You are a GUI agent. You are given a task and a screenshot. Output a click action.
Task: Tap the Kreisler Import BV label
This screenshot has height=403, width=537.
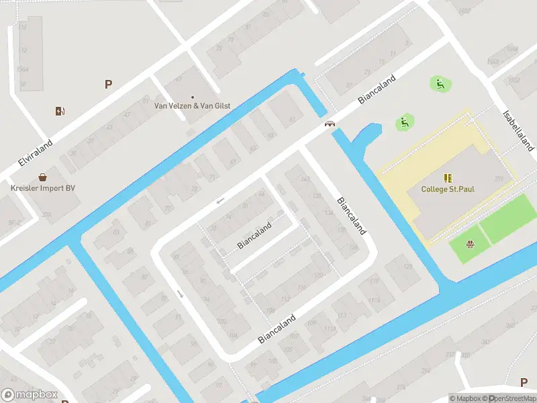click(43, 188)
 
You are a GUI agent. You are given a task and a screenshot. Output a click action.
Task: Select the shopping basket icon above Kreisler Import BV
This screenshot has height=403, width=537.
click(43, 177)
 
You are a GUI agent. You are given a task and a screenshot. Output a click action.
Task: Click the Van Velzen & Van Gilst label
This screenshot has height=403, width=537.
click(193, 105)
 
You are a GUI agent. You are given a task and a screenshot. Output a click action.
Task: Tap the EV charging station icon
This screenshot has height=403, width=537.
click(60, 111)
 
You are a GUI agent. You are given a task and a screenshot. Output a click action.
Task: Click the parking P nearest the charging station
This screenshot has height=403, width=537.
click(108, 84)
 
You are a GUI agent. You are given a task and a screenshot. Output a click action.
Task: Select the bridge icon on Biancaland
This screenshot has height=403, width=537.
click(330, 124)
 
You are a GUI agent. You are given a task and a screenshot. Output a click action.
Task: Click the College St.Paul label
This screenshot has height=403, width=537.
click(447, 189)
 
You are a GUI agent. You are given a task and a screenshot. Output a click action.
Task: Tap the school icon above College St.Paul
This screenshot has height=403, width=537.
click(448, 178)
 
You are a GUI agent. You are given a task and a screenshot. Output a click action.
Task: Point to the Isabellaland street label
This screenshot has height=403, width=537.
click(518, 130)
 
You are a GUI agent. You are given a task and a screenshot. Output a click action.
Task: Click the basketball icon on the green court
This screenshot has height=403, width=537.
click(471, 244)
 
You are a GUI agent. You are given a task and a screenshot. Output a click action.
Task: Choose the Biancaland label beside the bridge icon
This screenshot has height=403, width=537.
click(377, 89)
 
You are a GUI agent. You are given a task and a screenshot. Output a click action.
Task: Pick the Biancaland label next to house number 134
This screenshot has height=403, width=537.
click(351, 215)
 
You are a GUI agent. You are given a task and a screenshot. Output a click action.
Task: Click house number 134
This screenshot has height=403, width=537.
click(328, 212)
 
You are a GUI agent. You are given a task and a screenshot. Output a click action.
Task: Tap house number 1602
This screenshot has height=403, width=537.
click(464, 11)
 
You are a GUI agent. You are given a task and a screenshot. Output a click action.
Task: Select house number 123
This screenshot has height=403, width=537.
click(408, 267)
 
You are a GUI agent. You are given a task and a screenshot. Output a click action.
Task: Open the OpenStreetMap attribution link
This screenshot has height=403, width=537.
click(513, 398)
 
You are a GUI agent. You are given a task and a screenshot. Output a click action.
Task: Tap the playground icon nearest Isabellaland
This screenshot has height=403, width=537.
click(440, 83)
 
